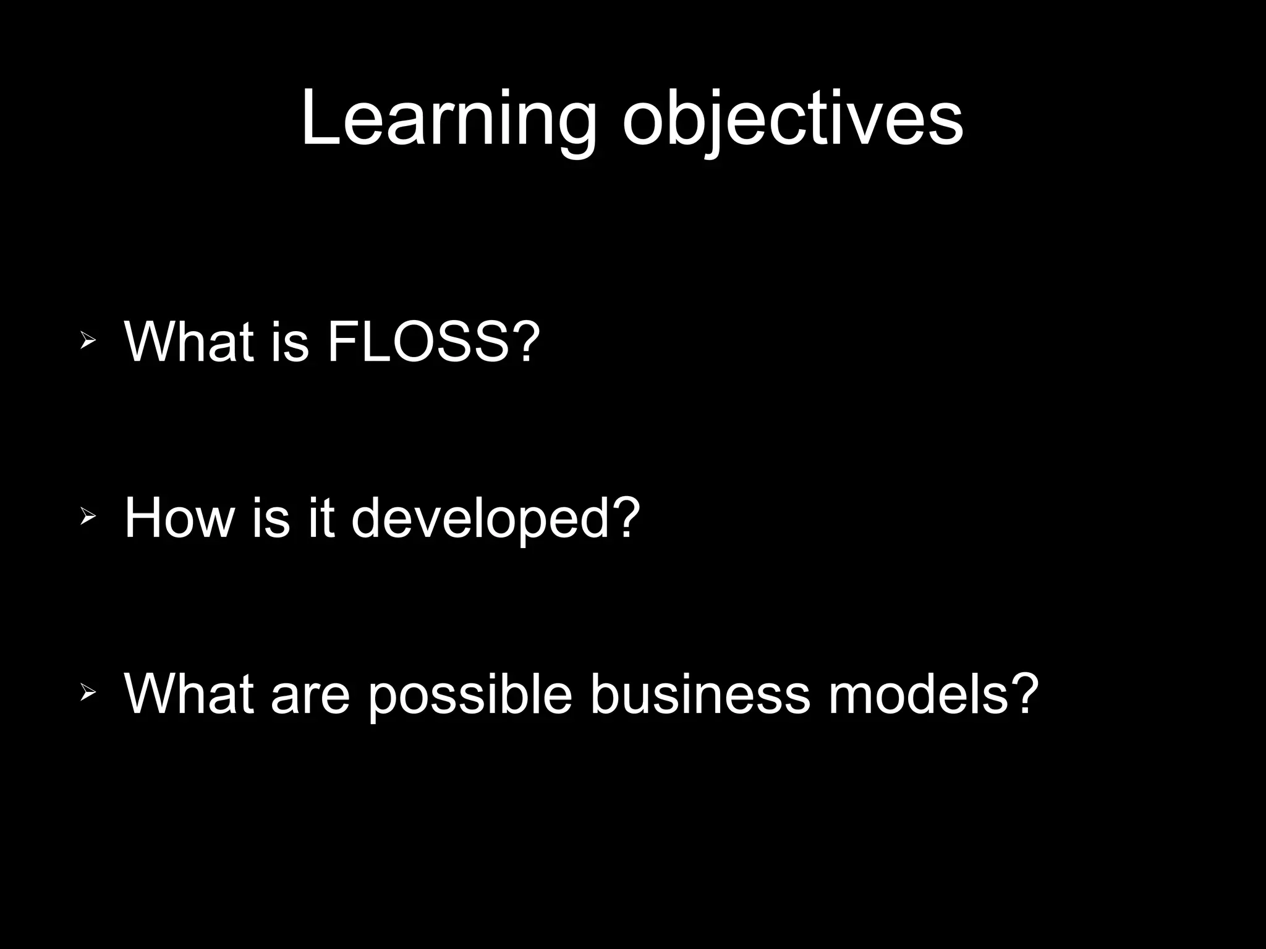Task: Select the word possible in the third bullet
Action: click(x=470, y=696)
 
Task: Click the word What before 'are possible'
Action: click(x=189, y=694)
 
